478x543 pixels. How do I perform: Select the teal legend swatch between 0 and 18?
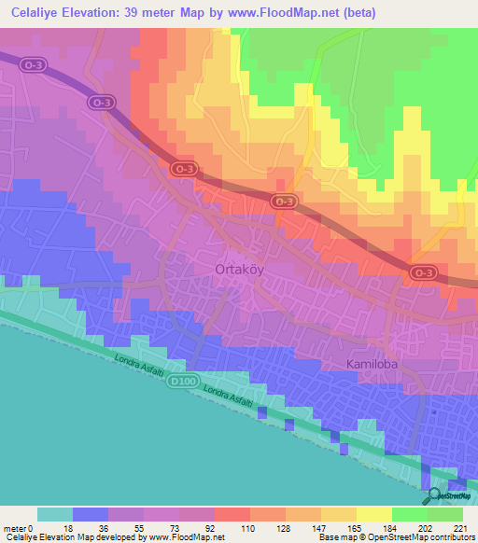(x=55, y=514)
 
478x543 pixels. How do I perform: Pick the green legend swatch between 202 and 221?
(x=445, y=514)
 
